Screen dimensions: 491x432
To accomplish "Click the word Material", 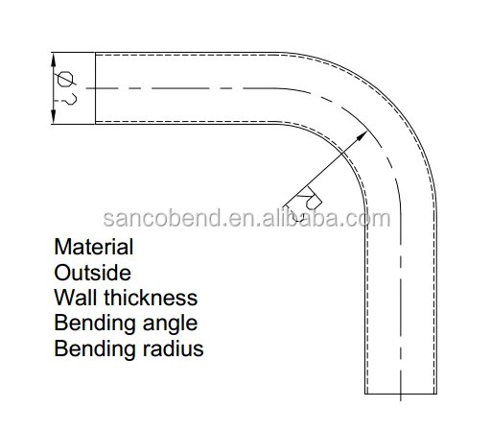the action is (94, 247).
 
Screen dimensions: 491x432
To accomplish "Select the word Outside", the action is (93, 273).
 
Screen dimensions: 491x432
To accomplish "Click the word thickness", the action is (151, 298).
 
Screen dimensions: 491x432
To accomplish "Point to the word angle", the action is (170, 324).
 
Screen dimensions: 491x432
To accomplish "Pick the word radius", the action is (173, 348).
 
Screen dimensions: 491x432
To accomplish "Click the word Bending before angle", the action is (95, 324).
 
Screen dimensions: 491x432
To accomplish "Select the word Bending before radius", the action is (95, 348).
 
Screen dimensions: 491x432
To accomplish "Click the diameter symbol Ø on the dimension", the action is (65, 79).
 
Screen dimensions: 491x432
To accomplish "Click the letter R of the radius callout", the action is (310, 198).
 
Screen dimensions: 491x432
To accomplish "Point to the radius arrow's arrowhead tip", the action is (367, 131).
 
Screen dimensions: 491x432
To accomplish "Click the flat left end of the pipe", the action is (95, 88).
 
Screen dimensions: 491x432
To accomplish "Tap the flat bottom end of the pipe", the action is (401, 394).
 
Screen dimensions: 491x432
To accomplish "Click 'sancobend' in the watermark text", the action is (162, 218).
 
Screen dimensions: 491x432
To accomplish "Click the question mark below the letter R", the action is (294, 215).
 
